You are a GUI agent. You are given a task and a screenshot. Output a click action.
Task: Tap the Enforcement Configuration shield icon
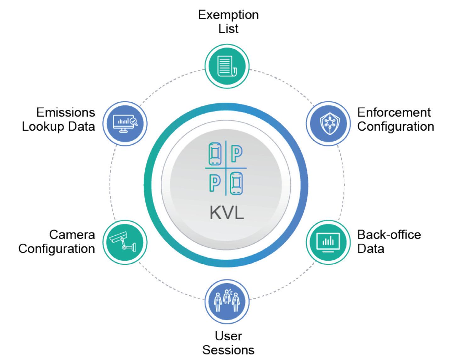[328, 123]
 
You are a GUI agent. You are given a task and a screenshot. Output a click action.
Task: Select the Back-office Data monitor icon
[328, 242]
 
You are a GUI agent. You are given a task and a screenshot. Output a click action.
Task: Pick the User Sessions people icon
[227, 301]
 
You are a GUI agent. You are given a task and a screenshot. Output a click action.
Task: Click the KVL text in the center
[226, 213]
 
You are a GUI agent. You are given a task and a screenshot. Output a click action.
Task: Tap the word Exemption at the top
[228, 15]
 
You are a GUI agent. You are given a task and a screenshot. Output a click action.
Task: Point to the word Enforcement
[394, 112]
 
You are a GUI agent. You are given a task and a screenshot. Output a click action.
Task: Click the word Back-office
[389, 234]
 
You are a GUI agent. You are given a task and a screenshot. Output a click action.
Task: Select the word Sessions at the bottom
[228, 350]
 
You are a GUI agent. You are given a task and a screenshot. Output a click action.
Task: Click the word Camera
[72, 234]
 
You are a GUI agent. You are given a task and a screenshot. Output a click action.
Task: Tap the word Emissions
[65, 112]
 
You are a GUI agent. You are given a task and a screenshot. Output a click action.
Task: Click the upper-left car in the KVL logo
[215, 153]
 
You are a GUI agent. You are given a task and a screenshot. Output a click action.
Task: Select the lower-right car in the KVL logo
[237, 183]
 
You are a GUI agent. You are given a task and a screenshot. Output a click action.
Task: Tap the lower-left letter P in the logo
[215, 183]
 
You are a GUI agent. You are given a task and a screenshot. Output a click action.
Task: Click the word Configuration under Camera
[57, 249]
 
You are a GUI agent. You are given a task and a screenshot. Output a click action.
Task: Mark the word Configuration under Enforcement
[395, 127]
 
